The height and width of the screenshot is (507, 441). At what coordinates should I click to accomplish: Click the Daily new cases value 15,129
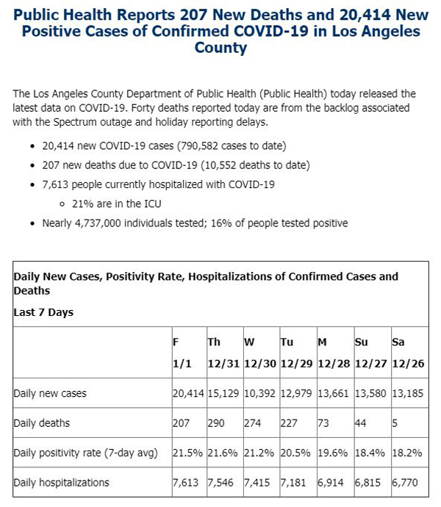tap(223, 393)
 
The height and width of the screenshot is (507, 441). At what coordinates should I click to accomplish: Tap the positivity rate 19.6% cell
tap(333, 453)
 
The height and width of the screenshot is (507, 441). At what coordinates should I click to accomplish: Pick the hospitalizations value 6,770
tap(405, 483)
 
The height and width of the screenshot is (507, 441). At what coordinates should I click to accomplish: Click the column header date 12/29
tap(296, 364)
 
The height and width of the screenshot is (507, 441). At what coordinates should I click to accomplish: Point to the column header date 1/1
tap(182, 364)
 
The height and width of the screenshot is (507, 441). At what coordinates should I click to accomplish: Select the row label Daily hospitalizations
tap(61, 483)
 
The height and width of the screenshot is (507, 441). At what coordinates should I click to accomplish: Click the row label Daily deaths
tap(41, 423)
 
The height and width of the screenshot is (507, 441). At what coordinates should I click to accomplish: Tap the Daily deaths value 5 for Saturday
tap(395, 423)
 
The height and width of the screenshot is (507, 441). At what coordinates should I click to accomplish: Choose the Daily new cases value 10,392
tap(259, 393)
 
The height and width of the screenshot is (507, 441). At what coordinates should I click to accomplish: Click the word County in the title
tap(220, 48)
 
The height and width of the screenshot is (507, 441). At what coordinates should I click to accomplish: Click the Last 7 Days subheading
tap(43, 312)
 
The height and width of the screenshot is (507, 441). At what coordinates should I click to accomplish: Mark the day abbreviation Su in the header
tap(362, 342)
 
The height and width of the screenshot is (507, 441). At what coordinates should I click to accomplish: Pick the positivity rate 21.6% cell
tap(223, 453)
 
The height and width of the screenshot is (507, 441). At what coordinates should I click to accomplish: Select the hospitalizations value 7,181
tap(293, 483)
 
